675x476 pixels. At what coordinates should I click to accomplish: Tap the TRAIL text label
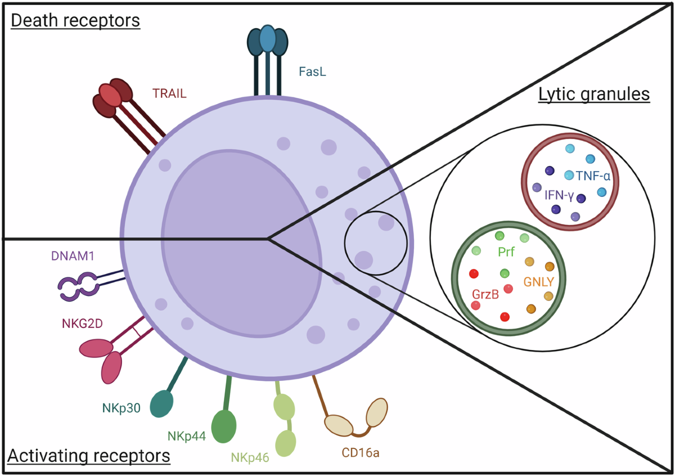[x=169, y=93]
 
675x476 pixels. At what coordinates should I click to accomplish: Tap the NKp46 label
[x=250, y=456]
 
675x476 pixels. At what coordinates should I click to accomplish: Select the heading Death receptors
[x=75, y=22]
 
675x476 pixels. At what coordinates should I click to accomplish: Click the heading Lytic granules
[x=595, y=94]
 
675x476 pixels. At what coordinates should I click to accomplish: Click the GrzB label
[x=484, y=295]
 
